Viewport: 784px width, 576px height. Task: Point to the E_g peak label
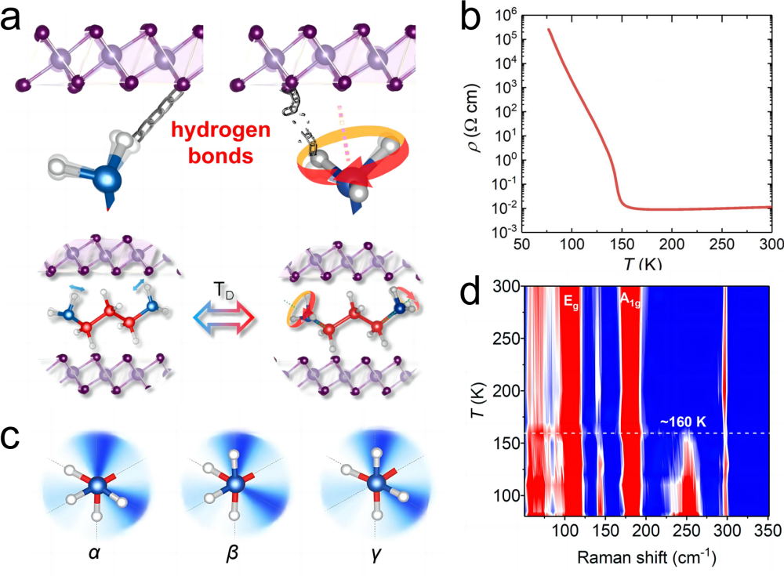[570, 299]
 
